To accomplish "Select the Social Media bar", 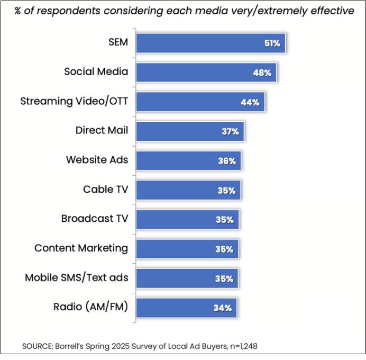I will coord(206,73).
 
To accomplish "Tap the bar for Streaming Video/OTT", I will coord(200,102).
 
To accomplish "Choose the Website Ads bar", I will coord(188,160).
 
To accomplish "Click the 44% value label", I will coord(250,102).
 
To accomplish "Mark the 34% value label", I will coord(223,308).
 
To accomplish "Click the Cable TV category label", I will coord(105,189).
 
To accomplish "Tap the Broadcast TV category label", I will coord(95,218).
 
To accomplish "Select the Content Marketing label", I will coord(81,248).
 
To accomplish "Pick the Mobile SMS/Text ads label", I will coord(76,277).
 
